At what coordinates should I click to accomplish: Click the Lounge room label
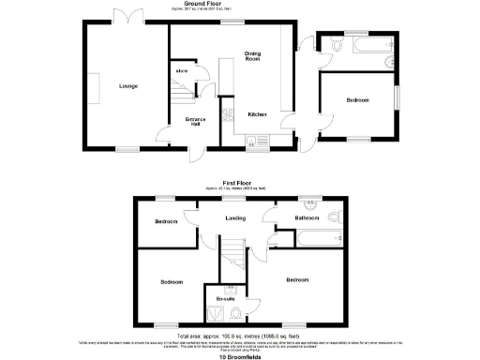click(128, 86)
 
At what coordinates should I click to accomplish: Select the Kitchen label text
click(258, 114)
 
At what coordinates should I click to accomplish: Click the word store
click(181, 70)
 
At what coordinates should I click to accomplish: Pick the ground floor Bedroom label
click(357, 99)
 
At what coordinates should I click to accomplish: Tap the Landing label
click(235, 218)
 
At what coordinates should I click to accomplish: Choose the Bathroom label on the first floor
click(307, 217)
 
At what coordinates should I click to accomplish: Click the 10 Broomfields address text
click(240, 356)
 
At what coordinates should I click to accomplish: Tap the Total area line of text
click(239, 334)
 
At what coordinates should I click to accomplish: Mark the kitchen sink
click(252, 142)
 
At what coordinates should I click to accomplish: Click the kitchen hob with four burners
click(228, 116)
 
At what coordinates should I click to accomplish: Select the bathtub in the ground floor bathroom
click(356, 43)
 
